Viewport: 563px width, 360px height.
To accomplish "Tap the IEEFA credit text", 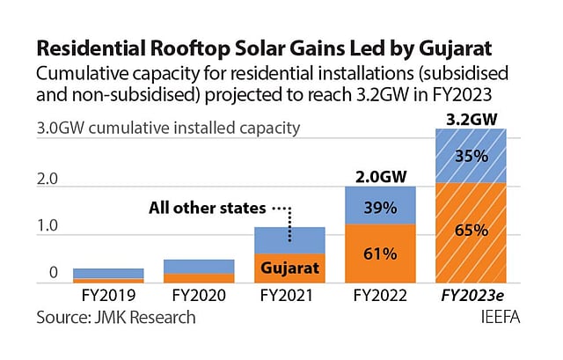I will pos(500,316).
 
